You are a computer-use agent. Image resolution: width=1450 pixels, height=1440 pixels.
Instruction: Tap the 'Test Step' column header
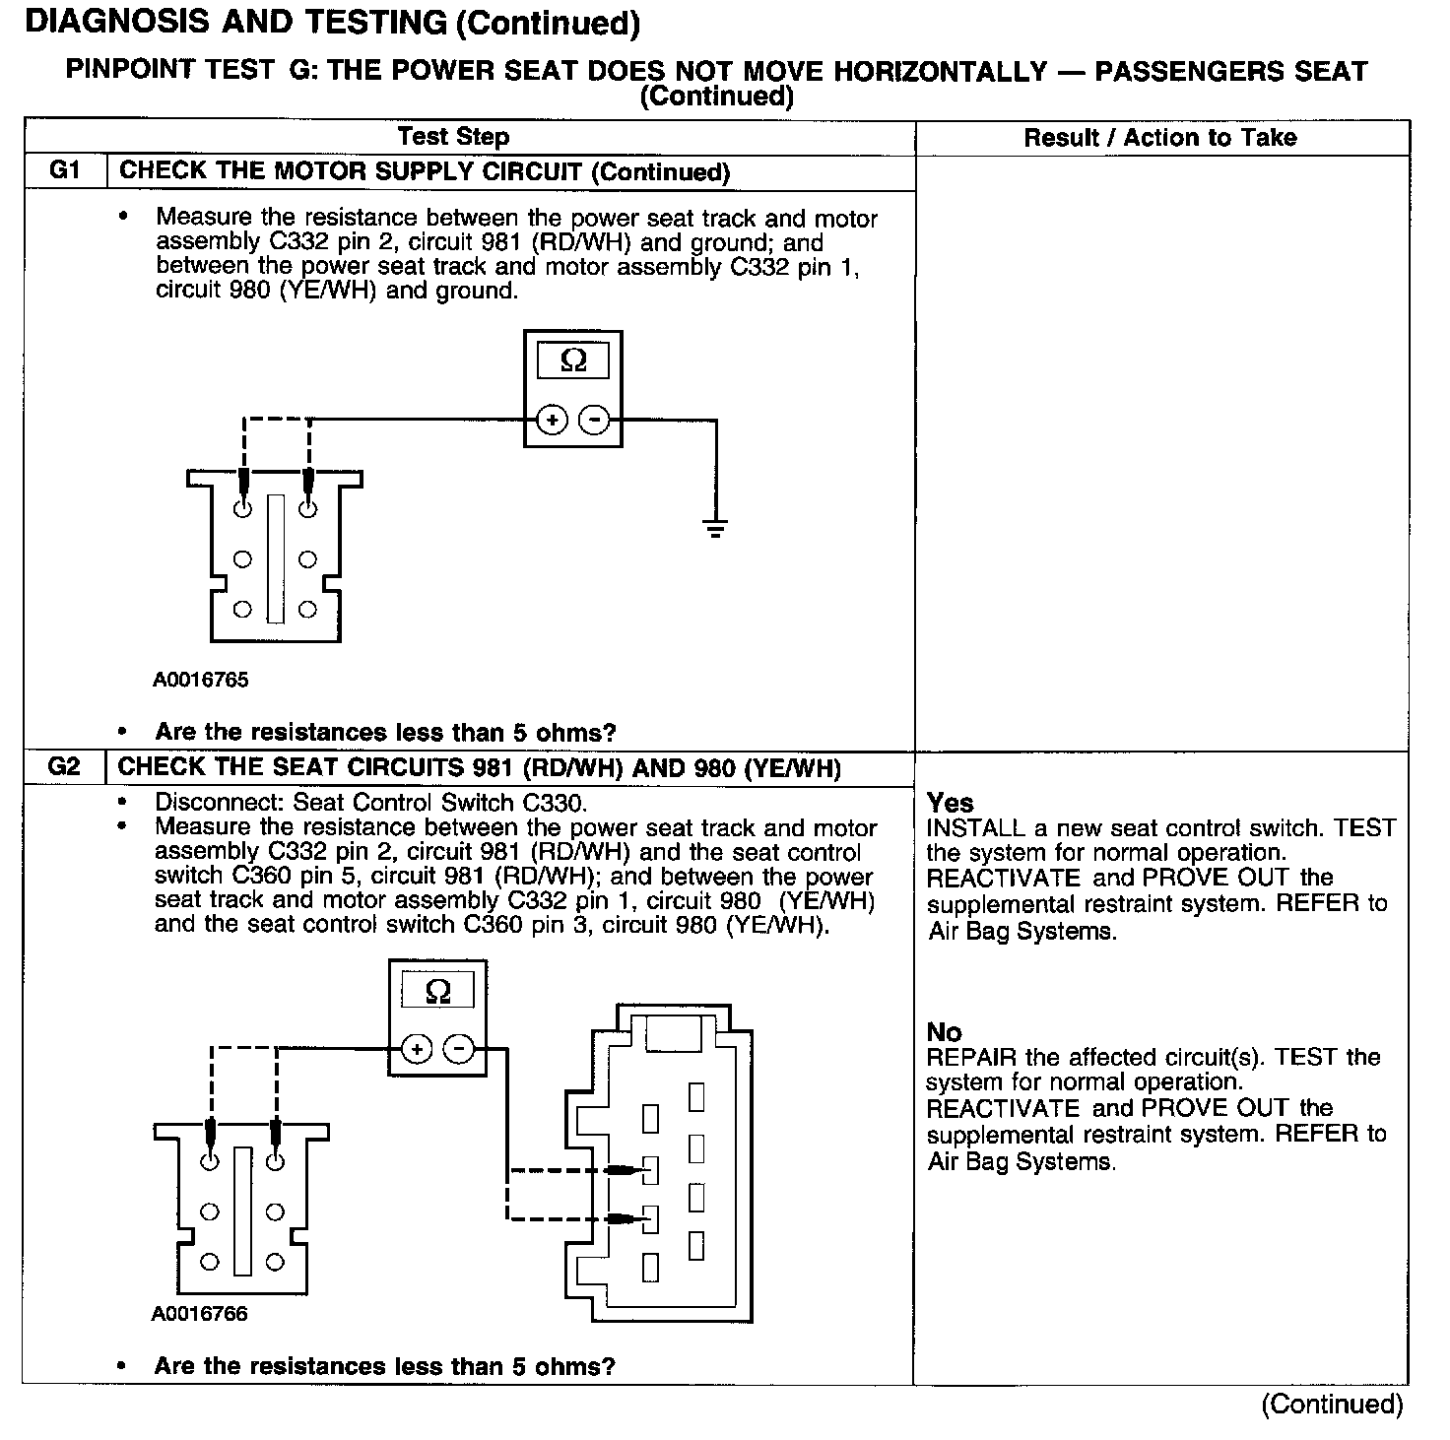click(x=453, y=137)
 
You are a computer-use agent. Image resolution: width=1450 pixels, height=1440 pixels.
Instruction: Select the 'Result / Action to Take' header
click(x=1160, y=137)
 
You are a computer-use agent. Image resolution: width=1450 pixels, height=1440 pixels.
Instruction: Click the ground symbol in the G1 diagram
click(x=716, y=528)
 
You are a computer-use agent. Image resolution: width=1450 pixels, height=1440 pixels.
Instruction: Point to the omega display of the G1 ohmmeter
click(x=572, y=361)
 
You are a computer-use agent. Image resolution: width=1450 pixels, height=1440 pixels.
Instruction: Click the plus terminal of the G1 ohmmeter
click(x=553, y=421)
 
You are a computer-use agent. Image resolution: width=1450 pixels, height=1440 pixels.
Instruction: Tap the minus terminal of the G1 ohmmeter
click(x=594, y=421)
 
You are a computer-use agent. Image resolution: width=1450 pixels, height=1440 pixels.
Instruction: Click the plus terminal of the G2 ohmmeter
click(x=418, y=1050)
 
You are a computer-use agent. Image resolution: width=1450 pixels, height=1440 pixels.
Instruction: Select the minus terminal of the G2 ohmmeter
click(x=459, y=1050)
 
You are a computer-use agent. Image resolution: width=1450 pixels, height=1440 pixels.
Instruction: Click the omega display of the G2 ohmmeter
click(x=437, y=991)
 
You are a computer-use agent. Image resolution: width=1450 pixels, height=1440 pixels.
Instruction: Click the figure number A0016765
click(x=200, y=680)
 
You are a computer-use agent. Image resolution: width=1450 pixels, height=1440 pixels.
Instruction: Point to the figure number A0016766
click(x=199, y=1314)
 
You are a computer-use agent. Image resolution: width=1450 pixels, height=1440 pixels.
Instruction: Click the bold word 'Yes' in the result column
click(x=950, y=803)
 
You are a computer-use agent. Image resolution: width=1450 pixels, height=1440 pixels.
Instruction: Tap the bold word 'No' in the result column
click(x=944, y=1031)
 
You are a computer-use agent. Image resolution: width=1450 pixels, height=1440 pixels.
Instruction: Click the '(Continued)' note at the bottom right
click(x=1332, y=1404)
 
